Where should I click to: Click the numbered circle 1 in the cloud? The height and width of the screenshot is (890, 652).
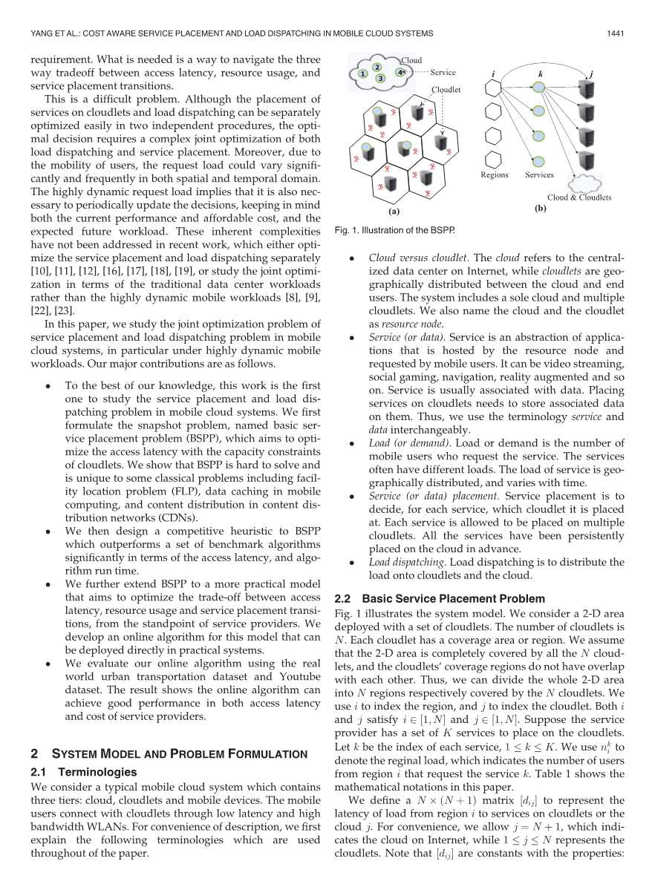[362, 73]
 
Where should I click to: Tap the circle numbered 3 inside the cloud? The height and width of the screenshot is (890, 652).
[380, 78]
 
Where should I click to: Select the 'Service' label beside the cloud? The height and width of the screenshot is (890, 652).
[443, 72]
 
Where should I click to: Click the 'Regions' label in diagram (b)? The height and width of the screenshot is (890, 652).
[494, 175]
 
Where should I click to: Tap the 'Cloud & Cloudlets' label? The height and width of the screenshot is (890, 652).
[579, 197]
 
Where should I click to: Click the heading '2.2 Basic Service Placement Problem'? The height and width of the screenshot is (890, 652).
[440, 598]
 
